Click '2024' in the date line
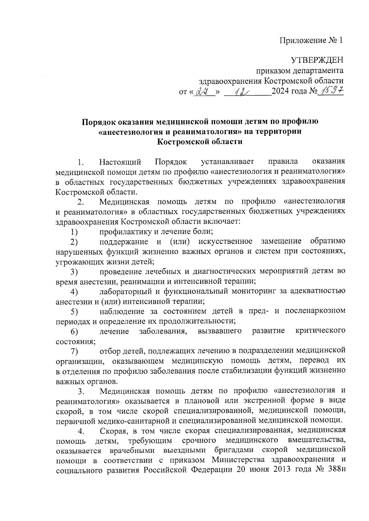point(280,91)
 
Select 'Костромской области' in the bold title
point(200,142)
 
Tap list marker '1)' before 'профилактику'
point(74,231)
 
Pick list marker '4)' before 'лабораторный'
point(74,291)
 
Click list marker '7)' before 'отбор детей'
point(74,351)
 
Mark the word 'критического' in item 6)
point(320,331)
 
